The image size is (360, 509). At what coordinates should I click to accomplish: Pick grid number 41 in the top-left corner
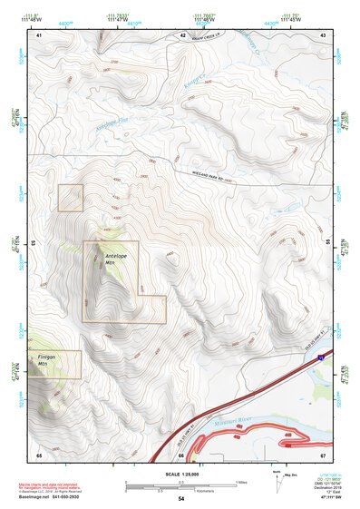tap(39, 35)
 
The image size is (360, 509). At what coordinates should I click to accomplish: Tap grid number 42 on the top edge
tap(183, 35)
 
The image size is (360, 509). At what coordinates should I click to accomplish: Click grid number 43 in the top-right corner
tap(322, 35)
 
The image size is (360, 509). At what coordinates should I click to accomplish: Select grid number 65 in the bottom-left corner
tap(39, 454)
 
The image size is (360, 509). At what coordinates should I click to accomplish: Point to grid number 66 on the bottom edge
tap(181, 454)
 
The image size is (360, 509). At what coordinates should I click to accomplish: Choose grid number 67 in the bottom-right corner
tap(322, 454)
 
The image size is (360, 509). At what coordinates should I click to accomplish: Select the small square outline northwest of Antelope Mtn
tap(71, 198)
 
